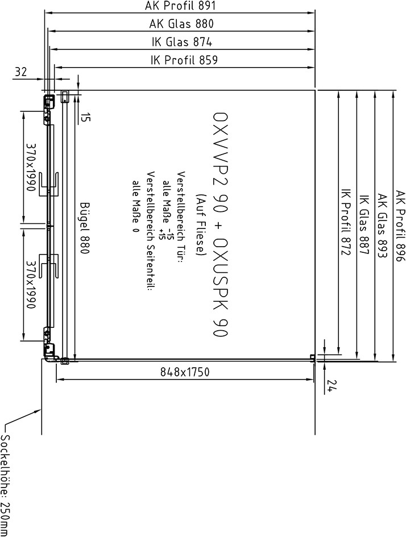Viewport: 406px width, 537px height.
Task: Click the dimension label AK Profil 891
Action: click(x=181, y=6)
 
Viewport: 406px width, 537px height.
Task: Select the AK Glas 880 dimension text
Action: click(x=181, y=24)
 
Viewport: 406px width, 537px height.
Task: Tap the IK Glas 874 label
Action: click(x=182, y=42)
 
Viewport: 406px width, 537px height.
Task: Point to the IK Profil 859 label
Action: click(x=184, y=60)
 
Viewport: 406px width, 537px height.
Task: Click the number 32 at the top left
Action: click(x=21, y=72)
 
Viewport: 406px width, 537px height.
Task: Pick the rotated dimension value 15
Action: click(x=86, y=118)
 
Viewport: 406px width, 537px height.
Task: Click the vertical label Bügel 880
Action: click(x=85, y=228)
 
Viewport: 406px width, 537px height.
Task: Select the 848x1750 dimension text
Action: click(x=185, y=372)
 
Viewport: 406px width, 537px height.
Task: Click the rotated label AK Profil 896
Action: click(x=400, y=226)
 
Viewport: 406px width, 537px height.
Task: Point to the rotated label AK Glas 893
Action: click(x=382, y=226)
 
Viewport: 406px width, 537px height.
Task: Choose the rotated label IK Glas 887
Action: click(x=364, y=224)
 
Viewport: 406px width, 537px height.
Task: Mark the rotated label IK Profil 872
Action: click(x=346, y=223)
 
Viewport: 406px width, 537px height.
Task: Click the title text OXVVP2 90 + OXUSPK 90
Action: click(x=220, y=224)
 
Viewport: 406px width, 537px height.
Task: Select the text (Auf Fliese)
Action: click(x=200, y=224)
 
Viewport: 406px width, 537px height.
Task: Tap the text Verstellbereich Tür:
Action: click(x=181, y=217)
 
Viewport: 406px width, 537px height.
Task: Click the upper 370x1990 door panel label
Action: click(x=31, y=167)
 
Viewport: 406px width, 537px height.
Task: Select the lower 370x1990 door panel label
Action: click(x=31, y=284)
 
